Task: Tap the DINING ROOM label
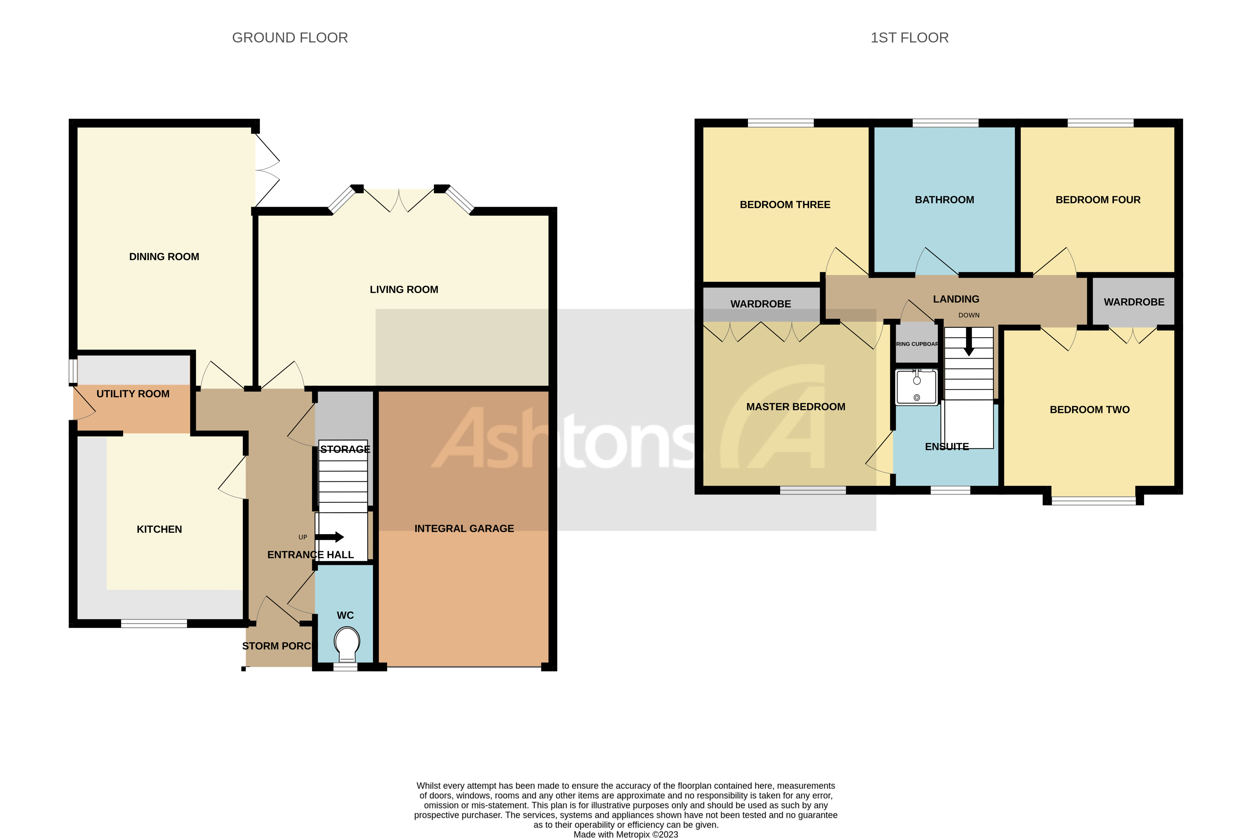164,257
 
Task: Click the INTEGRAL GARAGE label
464,528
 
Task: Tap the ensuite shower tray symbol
916,386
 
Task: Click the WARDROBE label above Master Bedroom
760,304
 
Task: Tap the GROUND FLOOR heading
290,37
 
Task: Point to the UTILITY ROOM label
132,394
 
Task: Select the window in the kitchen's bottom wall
154,623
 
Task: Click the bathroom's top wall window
945,123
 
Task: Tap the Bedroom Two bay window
1093,501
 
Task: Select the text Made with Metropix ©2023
625,834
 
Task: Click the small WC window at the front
345,667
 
